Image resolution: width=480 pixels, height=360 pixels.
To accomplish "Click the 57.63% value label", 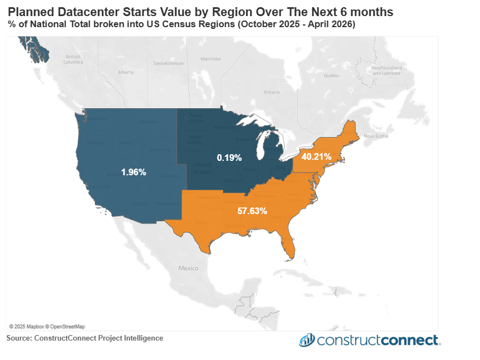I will click(x=252, y=211).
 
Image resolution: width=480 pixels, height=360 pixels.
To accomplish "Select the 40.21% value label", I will click(x=316, y=156).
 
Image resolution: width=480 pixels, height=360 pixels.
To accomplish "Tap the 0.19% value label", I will click(x=229, y=158).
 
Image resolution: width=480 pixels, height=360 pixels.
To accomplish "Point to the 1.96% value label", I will click(x=134, y=173).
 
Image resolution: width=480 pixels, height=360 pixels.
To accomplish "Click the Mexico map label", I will click(x=188, y=268).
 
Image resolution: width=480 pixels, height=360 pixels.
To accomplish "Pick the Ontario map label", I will click(x=272, y=92).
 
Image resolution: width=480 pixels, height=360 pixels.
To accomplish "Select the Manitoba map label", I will click(x=211, y=59).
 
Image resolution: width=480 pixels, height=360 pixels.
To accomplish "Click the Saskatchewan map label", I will click(x=168, y=63).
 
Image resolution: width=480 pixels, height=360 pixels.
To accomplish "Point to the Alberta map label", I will click(x=126, y=72).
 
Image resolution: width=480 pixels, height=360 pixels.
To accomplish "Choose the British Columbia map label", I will click(x=73, y=59).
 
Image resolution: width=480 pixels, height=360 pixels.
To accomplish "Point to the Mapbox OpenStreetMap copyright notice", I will click(x=47, y=326).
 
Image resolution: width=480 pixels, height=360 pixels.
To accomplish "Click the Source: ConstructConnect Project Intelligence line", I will click(x=85, y=338).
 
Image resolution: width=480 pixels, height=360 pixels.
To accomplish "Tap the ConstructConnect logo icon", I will click(x=307, y=340).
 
